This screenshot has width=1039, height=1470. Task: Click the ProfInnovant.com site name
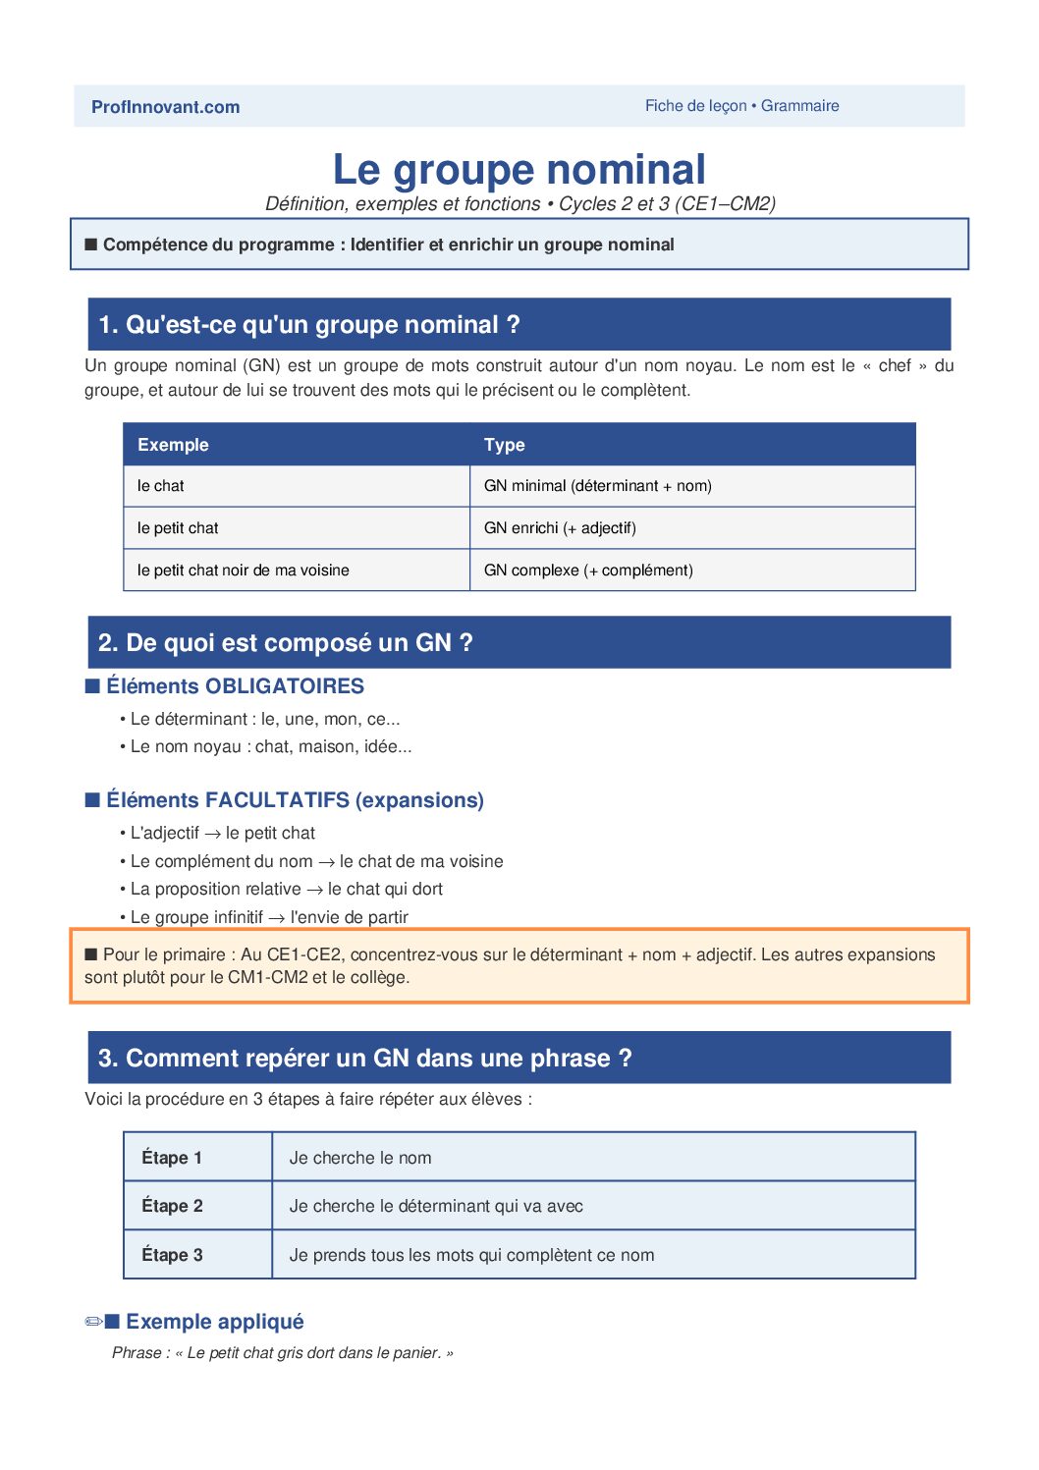pyautogui.click(x=165, y=107)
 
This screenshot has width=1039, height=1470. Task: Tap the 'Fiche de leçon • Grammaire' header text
pyautogui.click(x=741, y=106)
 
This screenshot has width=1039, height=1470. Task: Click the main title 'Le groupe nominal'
pyautogui.click(x=519, y=169)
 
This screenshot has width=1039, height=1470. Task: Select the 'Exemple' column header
pyautogui.click(x=173, y=445)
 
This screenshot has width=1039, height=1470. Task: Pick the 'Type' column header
pyautogui.click(x=504, y=445)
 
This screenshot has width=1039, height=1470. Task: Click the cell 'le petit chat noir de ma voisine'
pyautogui.click(x=243, y=571)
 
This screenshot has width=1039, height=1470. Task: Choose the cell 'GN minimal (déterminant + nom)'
pyautogui.click(x=597, y=486)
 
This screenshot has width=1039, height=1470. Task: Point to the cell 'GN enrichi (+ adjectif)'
pyautogui.click(x=560, y=528)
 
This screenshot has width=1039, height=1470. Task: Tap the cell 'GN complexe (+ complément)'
pyautogui.click(x=588, y=571)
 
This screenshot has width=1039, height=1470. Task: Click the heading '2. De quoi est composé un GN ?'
pyautogui.click(x=285, y=643)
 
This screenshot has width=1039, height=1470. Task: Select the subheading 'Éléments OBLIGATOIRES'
pyautogui.click(x=235, y=686)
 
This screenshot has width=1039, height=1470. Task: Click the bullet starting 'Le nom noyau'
pyautogui.click(x=270, y=747)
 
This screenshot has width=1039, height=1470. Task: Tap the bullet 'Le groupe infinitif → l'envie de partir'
pyautogui.click(x=268, y=917)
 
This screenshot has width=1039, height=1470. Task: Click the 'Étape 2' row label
pyautogui.click(x=172, y=1206)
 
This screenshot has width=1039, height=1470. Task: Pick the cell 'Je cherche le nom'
pyautogui.click(x=360, y=1158)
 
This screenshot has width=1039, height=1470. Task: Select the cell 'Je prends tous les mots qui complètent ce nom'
pyautogui.click(x=471, y=1255)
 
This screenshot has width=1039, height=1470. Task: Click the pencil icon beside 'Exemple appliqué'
pyautogui.click(x=94, y=1322)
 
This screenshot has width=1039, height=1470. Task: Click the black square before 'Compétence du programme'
pyautogui.click(x=91, y=245)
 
